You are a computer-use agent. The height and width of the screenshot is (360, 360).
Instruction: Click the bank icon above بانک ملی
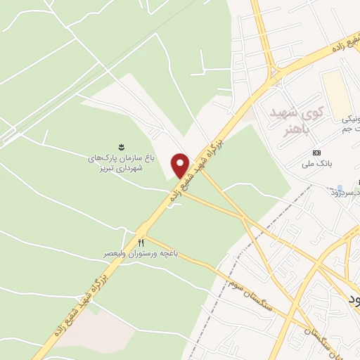coord(316,153)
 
